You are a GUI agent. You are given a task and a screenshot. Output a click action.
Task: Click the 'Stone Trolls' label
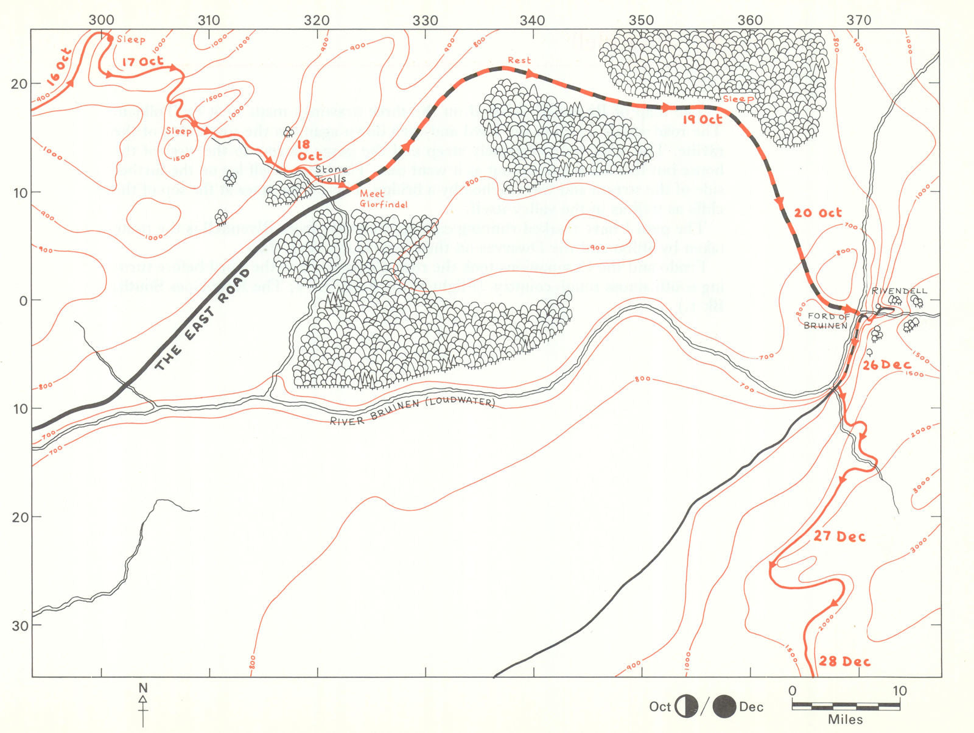331,174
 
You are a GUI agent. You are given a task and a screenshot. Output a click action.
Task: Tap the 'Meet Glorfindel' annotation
383,199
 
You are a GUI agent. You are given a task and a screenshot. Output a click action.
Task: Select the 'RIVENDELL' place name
899,291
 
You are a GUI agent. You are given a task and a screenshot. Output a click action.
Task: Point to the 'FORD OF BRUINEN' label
827,320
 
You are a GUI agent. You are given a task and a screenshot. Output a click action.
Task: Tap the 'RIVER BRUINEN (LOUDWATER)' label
412,412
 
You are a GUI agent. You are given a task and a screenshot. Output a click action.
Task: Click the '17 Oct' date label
142,62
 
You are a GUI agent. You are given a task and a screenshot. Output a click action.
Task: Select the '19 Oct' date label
702,119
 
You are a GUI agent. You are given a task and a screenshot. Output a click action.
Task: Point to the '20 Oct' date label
818,213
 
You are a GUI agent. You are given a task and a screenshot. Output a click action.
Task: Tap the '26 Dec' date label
887,365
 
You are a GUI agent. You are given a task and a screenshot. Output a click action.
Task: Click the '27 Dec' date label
839,537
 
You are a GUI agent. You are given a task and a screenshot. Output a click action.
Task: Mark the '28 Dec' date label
844,661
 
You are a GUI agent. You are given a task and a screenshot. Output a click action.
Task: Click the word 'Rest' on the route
519,60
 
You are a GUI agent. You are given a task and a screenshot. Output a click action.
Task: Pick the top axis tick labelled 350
642,20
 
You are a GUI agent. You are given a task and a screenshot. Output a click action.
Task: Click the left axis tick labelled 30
20,626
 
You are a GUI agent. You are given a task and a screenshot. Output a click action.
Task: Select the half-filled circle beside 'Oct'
687,707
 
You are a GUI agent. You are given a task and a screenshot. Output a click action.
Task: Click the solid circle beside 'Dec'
724,707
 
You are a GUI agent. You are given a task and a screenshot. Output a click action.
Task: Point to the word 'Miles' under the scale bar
845,720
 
